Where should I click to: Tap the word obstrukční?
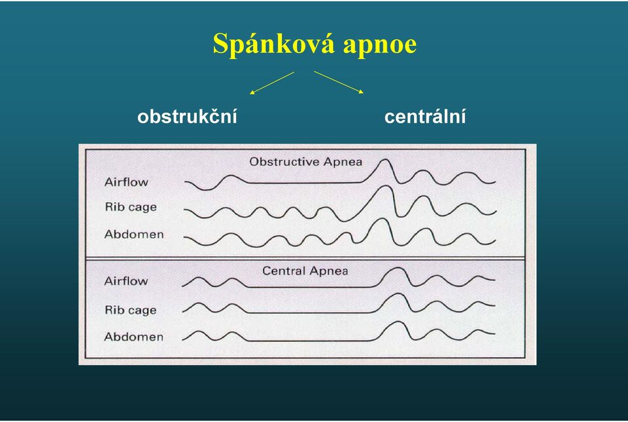tap(187, 117)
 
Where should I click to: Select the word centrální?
tap(425, 117)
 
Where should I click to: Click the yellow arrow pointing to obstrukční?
tap(272, 83)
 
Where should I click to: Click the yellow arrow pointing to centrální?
tap(339, 82)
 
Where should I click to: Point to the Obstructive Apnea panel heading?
tap(305, 162)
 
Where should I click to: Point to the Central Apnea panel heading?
tap(305, 271)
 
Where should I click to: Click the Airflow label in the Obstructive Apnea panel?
tap(126, 182)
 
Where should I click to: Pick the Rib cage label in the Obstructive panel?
tap(131, 207)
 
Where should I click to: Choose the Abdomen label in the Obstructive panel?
tap(133, 235)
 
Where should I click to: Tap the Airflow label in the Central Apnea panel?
tap(126, 281)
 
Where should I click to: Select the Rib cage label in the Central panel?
tap(131, 310)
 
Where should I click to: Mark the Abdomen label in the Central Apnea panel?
tap(133, 337)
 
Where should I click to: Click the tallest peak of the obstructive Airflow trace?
tap(385, 160)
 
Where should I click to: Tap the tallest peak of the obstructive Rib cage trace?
tap(386, 186)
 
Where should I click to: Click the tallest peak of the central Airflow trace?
tap(397, 268)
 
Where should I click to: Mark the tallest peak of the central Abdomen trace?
tap(396, 322)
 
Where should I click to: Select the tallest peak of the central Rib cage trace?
tap(397, 294)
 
